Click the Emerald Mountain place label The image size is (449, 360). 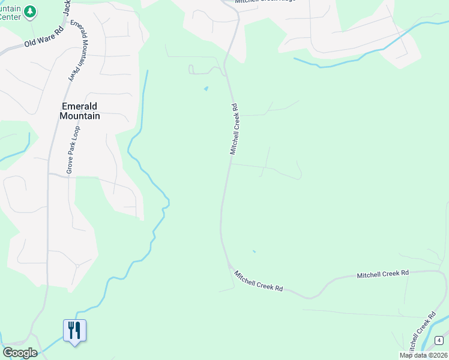(80, 111)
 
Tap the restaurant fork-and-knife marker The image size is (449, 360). (74, 331)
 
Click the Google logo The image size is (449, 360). (19, 352)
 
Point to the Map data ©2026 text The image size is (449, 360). (423, 355)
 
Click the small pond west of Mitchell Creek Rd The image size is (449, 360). (206, 89)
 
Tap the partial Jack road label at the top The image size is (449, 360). (67, 8)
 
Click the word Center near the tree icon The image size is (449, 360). (10, 17)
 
